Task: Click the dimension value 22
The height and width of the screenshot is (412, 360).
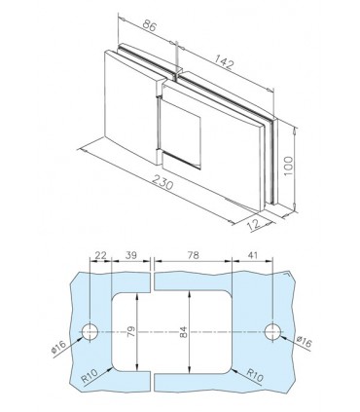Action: point(100,255)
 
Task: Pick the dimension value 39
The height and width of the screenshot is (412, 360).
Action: point(129,255)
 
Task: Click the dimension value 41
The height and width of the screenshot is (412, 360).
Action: point(253,255)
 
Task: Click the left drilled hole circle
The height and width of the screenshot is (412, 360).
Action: point(90,332)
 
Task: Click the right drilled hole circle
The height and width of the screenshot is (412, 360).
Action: point(272,332)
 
